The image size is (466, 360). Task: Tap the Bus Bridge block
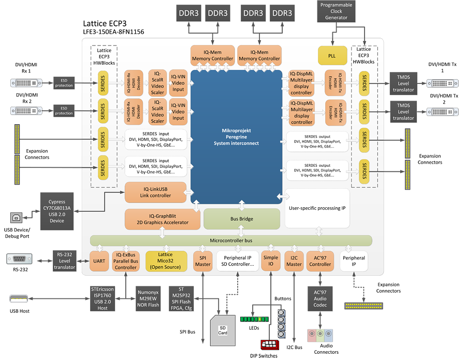(x=241, y=219)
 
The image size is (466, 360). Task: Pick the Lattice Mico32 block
(x=166, y=261)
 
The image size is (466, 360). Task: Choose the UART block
(x=98, y=261)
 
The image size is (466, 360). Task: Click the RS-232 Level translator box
(x=64, y=261)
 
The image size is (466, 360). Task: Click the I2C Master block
(x=294, y=261)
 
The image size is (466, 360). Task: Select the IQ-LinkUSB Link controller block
(x=155, y=192)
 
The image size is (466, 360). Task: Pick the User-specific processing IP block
(x=317, y=208)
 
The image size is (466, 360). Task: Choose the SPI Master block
(x=202, y=261)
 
